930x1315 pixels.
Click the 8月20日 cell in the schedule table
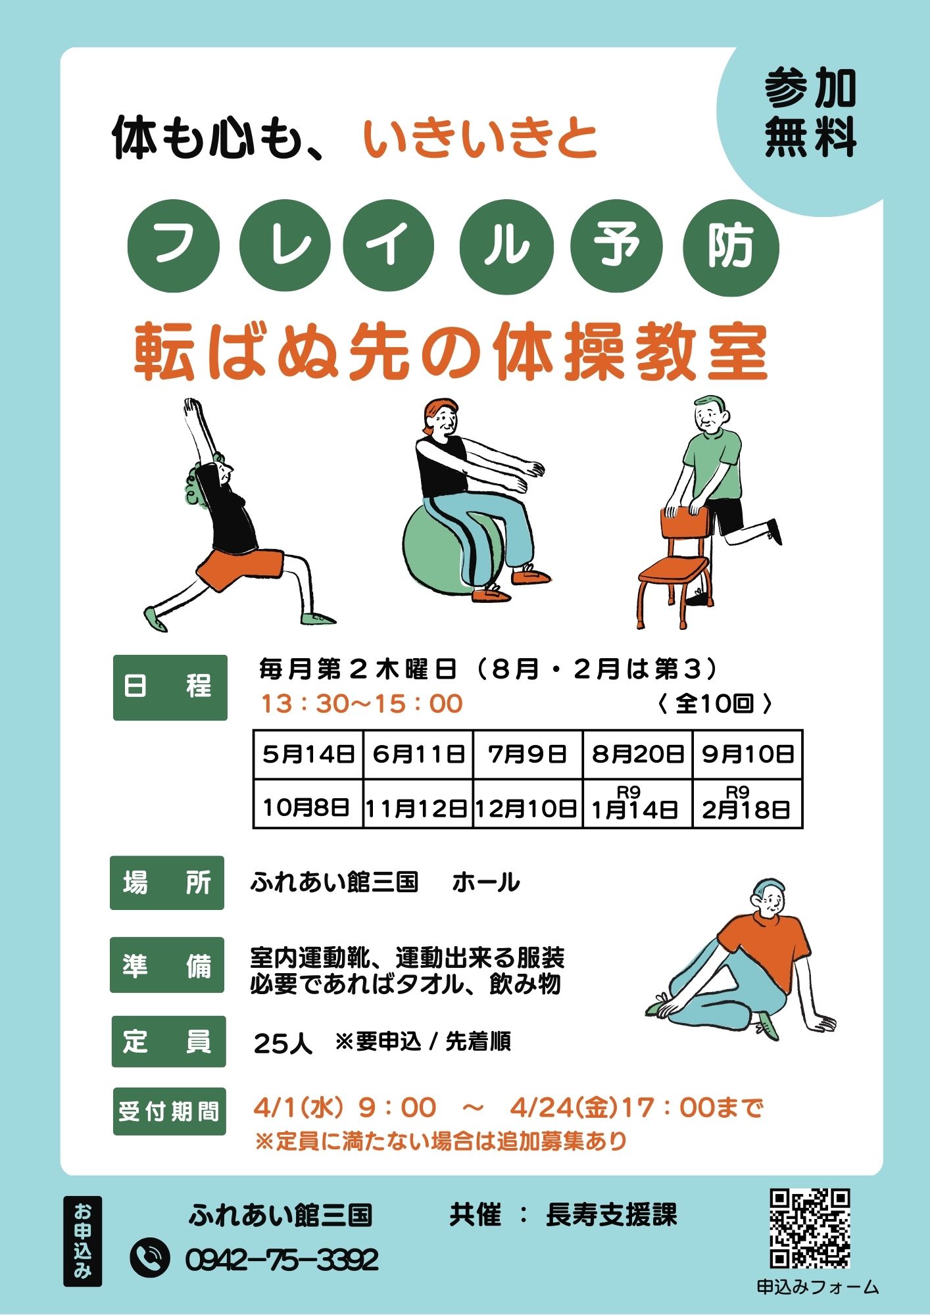click(637, 753)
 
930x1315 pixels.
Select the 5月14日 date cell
click(308, 753)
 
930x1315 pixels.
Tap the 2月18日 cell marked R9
click(747, 804)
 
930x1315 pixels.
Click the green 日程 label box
click(170, 687)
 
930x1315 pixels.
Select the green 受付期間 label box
click(169, 1112)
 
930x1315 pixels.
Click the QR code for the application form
click(810, 1228)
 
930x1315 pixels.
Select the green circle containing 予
click(616, 247)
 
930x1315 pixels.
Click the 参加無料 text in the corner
click(810, 113)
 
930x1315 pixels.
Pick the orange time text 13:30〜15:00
click(362, 704)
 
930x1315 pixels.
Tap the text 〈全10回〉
click(714, 704)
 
